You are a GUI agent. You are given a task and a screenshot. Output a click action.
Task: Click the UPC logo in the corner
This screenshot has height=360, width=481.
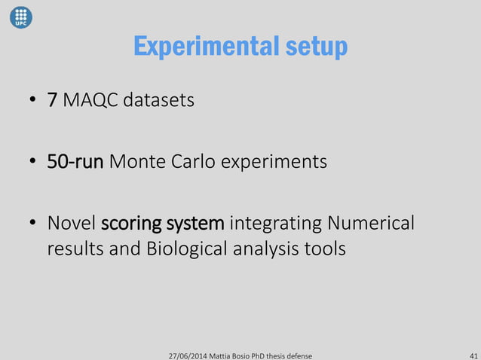(21, 16)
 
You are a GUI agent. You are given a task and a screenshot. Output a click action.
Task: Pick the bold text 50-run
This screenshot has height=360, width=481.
(75, 162)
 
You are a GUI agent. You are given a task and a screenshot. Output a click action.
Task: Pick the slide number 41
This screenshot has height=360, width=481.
(473, 354)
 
